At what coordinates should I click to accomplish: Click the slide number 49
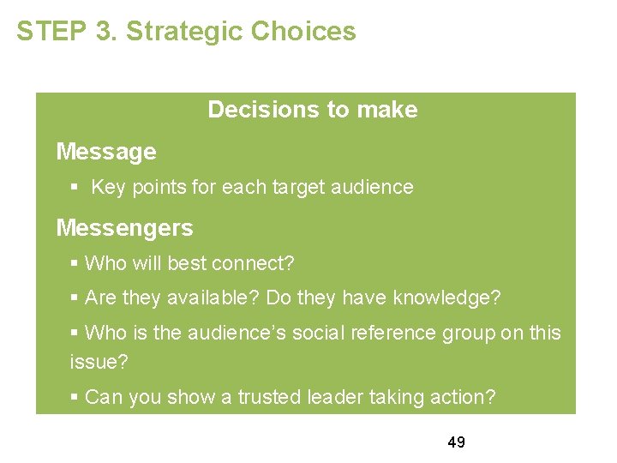[x=456, y=442]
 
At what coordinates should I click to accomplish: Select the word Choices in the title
[x=303, y=32]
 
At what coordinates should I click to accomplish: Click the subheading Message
[x=106, y=152]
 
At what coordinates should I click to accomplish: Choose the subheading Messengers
[x=124, y=228]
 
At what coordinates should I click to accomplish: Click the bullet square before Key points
[x=76, y=187]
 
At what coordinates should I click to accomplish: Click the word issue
[x=96, y=363]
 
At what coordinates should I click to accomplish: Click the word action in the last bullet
[x=464, y=397]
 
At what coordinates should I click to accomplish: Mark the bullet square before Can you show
[x=75, y=397]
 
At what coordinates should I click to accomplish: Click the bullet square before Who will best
[x=75, y=263]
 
